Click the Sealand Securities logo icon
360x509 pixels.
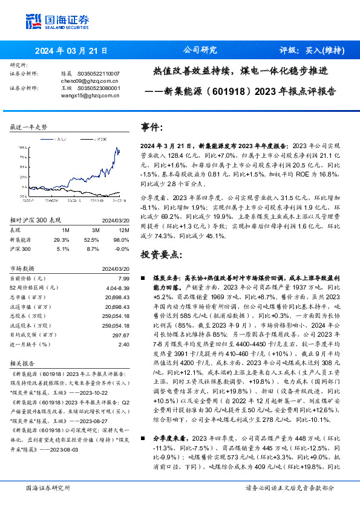click(x=33, y=21)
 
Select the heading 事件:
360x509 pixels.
click(x=152, y=128)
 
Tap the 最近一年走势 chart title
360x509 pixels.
click(x=29, y=127)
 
